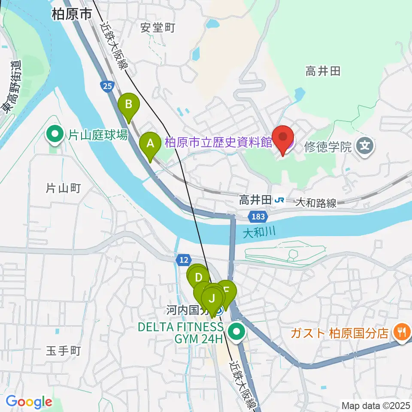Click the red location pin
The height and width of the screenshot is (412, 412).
click(x=283, y=138)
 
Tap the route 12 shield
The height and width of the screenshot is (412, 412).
click(x=182, y=259)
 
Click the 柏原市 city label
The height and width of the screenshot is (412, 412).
click(x=71, y=15)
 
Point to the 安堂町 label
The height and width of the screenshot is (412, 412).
click(x=158, y=28)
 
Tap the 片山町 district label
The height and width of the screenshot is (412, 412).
click(x=64, y=188)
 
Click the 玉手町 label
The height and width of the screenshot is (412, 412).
click(x=64, y=351)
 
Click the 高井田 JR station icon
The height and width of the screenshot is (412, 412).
click(x=280, y=200)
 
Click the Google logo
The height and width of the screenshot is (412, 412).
click(x=29, y=402)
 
